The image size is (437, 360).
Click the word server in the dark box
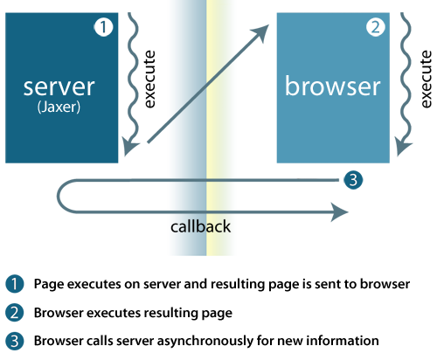[59, 87]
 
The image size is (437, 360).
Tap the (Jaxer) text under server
[59, 107]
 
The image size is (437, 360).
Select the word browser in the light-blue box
[333, 86]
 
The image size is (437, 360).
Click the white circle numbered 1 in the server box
[103, 27]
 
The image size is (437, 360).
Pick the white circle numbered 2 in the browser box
[376, 27]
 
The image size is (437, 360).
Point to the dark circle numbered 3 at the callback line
[353, 180]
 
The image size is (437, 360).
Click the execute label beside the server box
[149, 80]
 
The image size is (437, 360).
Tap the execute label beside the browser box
[426, 80]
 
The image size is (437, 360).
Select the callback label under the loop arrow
[201, 226]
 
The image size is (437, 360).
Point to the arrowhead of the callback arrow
[340, 212]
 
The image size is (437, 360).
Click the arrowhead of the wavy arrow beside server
[130, 147]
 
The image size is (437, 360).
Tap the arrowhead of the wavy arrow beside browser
[403, 147]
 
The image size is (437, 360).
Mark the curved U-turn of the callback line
[59, 196]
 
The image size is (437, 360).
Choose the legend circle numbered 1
[14, 284]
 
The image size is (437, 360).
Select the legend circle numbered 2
[14, 313]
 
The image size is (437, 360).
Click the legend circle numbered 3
[14, 341]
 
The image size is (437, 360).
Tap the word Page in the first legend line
[49, 284]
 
